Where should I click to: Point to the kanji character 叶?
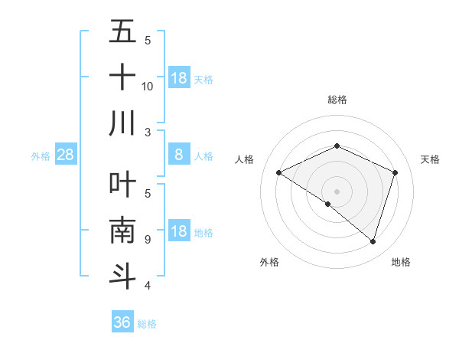tap(122, 184)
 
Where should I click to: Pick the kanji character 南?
tap(122, 230)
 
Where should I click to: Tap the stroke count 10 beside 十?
tap(148, 87)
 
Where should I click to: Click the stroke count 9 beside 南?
tap(148, 240)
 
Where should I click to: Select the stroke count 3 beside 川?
tap(148, 133)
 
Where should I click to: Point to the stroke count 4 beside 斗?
tap(148, 286)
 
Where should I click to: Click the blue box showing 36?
tap(122, 322)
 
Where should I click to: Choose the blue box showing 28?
tap(66, 155)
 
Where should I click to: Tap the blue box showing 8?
tap(178, 155)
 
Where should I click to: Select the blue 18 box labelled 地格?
tap(178, 231)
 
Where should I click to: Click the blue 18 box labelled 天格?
tap(178, 78)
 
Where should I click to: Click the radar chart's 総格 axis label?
tap(337, 100)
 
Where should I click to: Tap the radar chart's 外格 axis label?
tap(269, 262)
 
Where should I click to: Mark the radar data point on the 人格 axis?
tap(279, 173)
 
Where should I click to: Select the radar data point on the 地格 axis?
tap(373, 241)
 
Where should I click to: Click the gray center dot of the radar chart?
tap(337, 191)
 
